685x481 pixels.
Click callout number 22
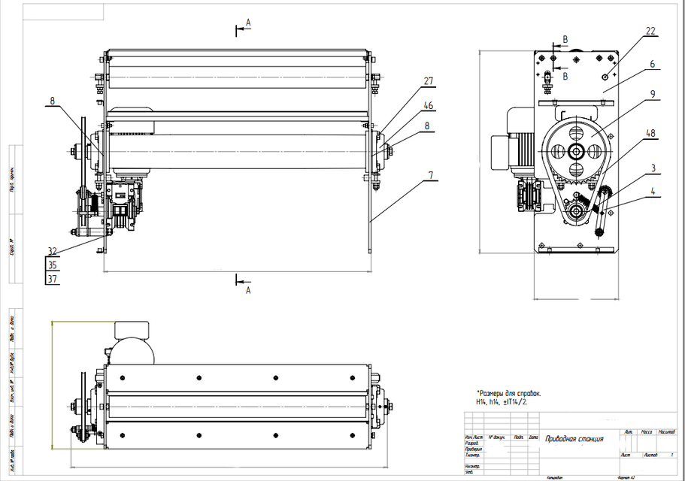pyautogui.click(x=651, y=31)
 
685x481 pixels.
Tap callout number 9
pyautogui.click(x=653, y=95)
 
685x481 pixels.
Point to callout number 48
pyautogui.click(x=651, y=132)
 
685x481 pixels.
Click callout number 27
pyautogui.click(x=429, y=81)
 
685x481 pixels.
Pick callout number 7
pyautogui.click(x=430, y=175)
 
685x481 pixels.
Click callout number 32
pyautogui.click(x=52, y=252)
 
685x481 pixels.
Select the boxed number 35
pyautogui.click(x=52, y=265)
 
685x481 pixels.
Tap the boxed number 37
pyautogui.click(x=52, y=279)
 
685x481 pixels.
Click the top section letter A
pyautogui.click(x=247, y=24)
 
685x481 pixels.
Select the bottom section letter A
pyautogui.click(x=247, y=290)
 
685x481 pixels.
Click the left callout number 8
pyautogui.click(x=52, y=100)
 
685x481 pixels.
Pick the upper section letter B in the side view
pyautogui.click(x=565, y=39)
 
